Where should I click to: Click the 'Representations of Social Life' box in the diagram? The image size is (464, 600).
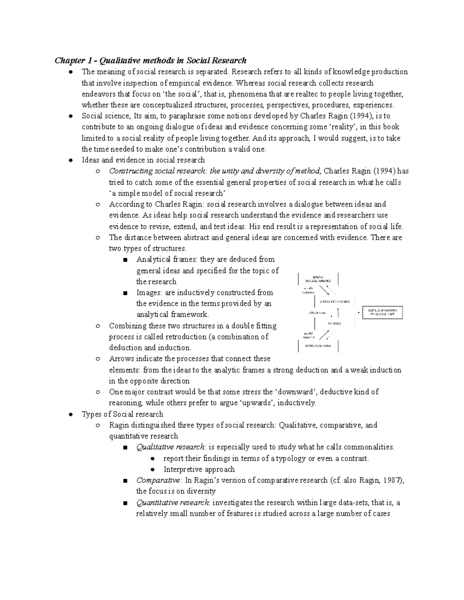[x=382, y=313]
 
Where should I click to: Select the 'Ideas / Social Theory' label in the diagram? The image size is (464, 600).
[x=318, y=279]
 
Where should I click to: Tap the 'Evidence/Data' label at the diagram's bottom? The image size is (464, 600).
[x=318, y=346]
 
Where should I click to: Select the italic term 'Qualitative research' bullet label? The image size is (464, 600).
[x=171, y=447]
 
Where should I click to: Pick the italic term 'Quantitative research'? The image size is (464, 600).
[x=173, y=503]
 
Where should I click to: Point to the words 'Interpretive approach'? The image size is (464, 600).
[x=199, y=469]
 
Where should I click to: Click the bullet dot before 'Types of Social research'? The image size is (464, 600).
[x=71, y=415]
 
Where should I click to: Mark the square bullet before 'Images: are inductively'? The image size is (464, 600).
[x=125, y=293]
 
